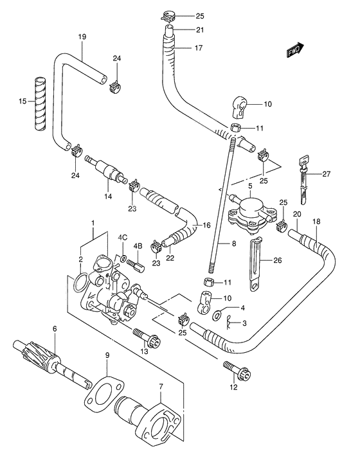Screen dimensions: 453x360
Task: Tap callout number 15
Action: click(22, 102)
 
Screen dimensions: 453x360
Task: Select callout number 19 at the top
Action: click(82, 36)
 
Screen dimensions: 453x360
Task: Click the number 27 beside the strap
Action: click(327, 174)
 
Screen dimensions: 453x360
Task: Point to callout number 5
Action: click(249, 186)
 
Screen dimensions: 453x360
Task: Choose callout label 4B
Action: click(137, 245)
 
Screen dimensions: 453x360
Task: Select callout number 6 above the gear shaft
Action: click(55, 329)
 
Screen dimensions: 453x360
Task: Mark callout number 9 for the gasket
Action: click(107, 355)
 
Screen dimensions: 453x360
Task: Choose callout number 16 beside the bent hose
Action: click(207, 225)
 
